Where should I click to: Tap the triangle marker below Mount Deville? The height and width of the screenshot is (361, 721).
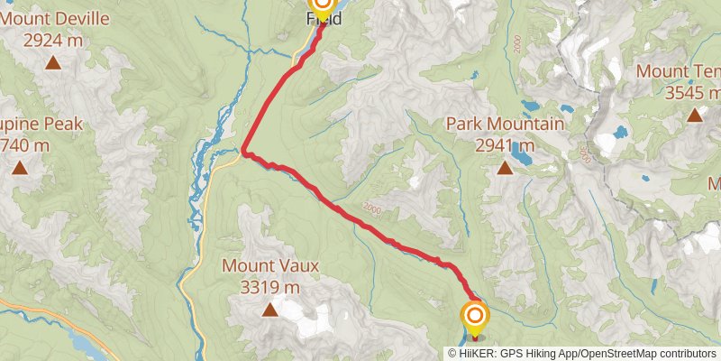53,62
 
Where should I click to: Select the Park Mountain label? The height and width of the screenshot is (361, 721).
505,125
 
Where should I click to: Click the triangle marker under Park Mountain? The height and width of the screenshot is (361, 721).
505,167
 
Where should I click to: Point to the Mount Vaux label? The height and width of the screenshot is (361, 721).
269,267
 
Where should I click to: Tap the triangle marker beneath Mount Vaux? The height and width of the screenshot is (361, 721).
269,311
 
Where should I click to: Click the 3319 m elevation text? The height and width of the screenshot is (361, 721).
269,287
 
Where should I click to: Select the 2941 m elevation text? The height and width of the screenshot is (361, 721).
505,144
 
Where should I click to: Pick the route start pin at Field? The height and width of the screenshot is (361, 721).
322,7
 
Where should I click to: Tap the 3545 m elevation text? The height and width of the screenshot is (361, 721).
692,91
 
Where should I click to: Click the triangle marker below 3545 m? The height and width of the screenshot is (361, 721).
695,115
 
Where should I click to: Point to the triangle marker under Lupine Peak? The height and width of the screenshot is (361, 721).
20,167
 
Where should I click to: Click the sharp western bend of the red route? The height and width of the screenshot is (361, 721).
244,150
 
